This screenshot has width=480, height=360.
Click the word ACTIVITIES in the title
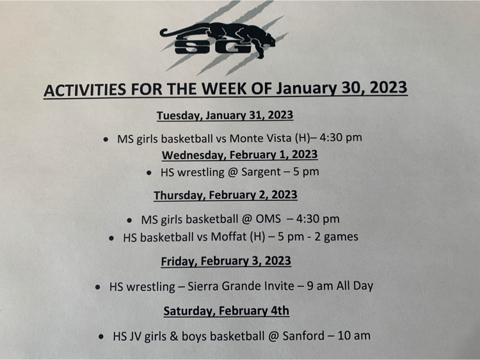84,90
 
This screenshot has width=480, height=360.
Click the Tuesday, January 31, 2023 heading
225,116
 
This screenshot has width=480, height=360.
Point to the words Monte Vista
260,138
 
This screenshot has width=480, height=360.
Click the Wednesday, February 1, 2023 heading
240,155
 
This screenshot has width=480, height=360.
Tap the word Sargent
261,172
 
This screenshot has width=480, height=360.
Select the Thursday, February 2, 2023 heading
226,195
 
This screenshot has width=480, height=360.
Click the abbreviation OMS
268,219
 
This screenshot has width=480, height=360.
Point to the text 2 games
336,237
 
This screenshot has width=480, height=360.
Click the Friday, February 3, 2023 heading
226,261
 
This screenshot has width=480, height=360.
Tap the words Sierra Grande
228,286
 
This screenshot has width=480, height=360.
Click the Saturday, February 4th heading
226,311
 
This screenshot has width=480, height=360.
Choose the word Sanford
303,336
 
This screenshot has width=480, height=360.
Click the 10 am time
354,336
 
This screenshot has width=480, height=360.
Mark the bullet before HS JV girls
101,337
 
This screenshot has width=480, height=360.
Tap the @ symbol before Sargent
233,173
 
